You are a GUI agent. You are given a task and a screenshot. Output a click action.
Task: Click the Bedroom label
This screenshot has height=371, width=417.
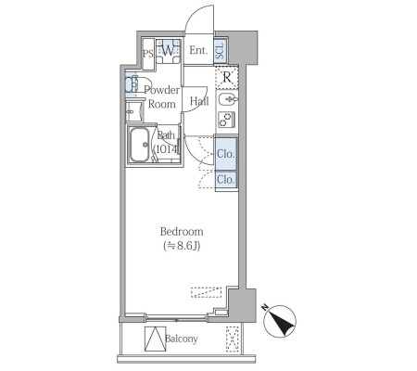click(182, 232)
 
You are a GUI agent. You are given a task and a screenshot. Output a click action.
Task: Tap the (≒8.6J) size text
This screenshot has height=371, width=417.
click(182, 246)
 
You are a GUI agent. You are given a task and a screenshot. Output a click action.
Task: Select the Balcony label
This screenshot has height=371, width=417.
click(182, 339)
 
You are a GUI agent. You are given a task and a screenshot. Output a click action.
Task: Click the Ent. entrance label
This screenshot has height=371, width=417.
click(198, 50)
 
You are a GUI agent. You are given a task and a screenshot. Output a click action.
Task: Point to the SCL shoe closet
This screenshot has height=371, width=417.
click(221, 51)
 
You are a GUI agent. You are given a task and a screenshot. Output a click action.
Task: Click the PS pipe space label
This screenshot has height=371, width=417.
click(148, 54)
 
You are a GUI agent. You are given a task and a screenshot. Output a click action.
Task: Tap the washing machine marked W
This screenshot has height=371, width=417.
click(168, 51)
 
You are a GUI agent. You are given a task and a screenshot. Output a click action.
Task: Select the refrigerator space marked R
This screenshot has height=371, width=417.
click(227, 78)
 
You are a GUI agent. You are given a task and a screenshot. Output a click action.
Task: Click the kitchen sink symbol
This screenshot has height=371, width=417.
click(228, 99)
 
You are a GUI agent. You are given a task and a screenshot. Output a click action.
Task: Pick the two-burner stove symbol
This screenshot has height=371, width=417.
click(227, 120)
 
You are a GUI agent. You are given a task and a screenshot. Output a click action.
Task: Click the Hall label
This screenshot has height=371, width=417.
click(199, 101)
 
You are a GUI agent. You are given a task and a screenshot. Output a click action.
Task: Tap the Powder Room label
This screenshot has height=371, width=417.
click(161, 97)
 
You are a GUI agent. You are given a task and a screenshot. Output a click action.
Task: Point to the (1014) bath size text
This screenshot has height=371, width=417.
click(167, 149)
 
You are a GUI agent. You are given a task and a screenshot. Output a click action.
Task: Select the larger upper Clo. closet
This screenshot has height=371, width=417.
click(226, 154)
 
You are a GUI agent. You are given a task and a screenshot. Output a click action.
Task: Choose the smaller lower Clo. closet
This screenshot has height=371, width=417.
click(226, 179)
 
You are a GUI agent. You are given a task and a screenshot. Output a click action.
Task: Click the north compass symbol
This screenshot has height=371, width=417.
click(280, 322)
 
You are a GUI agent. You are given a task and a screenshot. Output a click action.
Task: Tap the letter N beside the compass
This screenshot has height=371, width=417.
click(265, 307)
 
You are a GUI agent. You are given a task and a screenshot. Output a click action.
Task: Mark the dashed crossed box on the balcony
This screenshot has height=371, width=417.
click(233, 339)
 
